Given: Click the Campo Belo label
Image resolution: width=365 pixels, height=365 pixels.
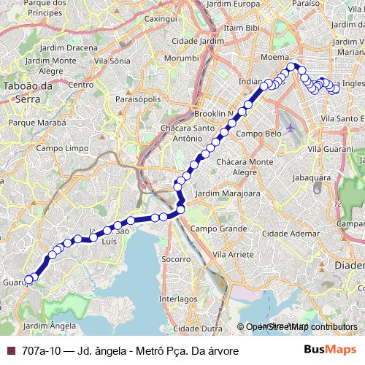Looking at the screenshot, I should pos(258,134).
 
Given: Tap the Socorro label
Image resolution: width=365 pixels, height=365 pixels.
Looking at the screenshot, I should pos(177,259).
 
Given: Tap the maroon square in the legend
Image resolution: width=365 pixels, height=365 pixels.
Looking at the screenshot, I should pos(11,350).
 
